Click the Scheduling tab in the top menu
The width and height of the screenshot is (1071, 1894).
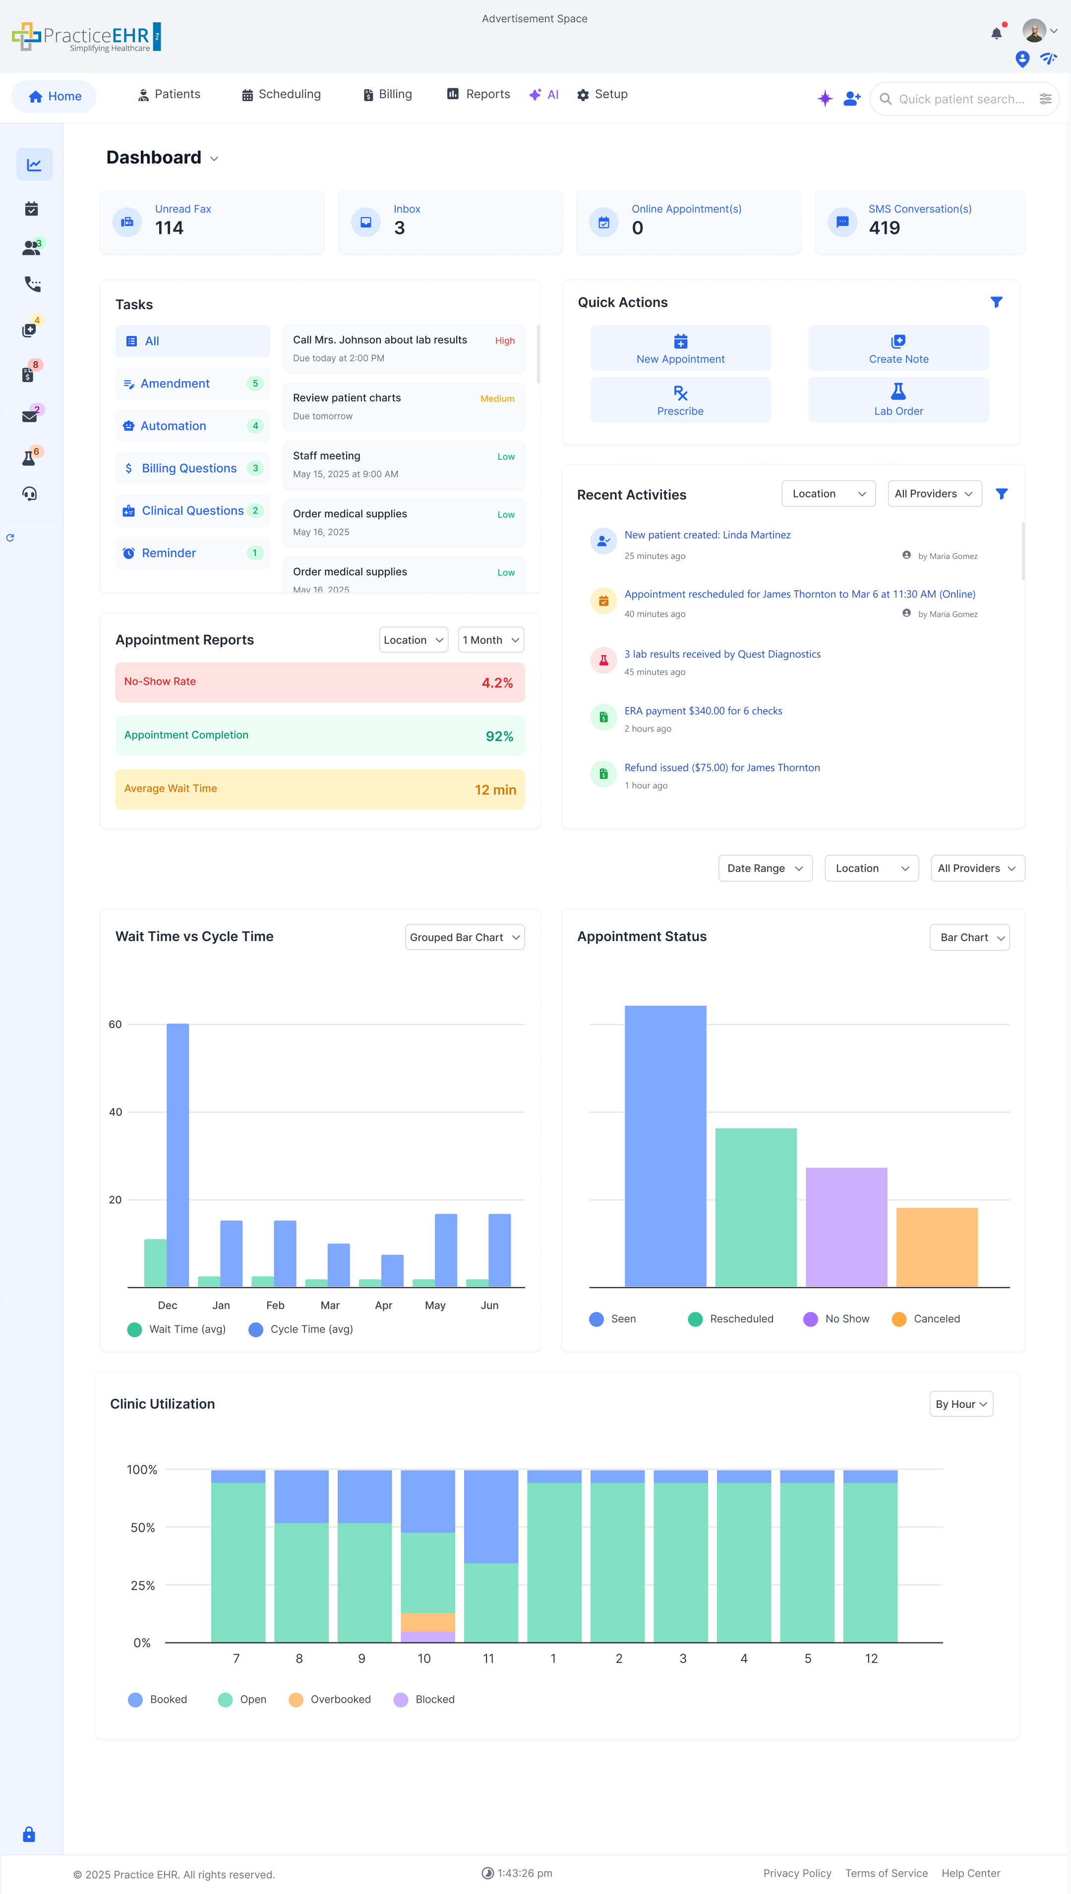click(282, 94)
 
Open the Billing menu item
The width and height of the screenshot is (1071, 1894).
click(388, 94)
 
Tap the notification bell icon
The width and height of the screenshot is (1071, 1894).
click(996, 33)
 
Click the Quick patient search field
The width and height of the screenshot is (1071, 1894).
click(960, 99)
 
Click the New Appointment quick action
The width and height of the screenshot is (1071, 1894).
click(680, 348)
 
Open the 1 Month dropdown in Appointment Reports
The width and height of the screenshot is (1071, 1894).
click(491, 640)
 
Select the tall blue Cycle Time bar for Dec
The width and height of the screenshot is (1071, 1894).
click(178, 1154)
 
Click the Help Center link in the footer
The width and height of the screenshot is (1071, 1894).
click(970, 1873)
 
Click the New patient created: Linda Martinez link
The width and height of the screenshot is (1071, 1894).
click(707, 535)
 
